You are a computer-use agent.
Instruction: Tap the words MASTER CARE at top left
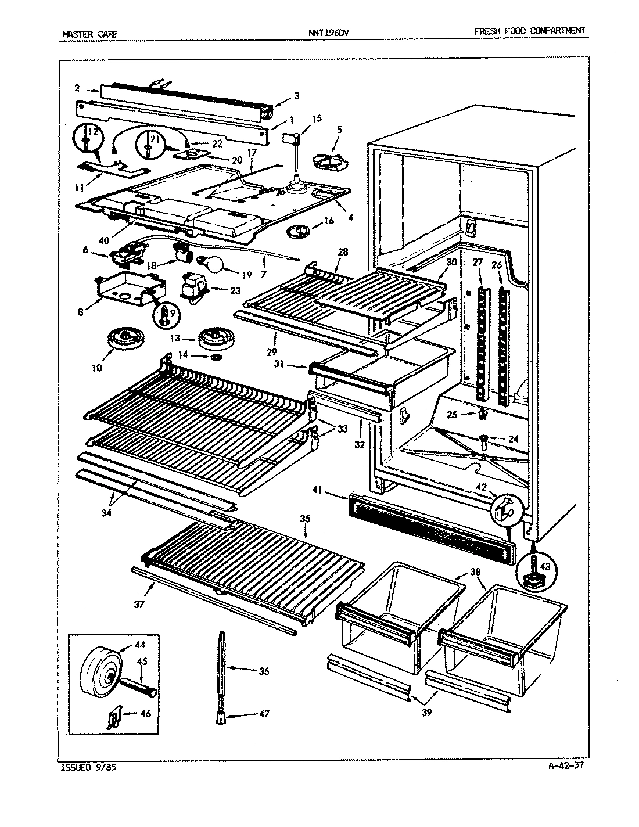click(90, 34)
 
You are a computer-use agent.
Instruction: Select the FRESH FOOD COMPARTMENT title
click(529, 31)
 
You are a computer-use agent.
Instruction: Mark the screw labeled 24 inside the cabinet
click(483, 441)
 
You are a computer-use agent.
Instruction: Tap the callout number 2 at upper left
click(77, 88)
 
